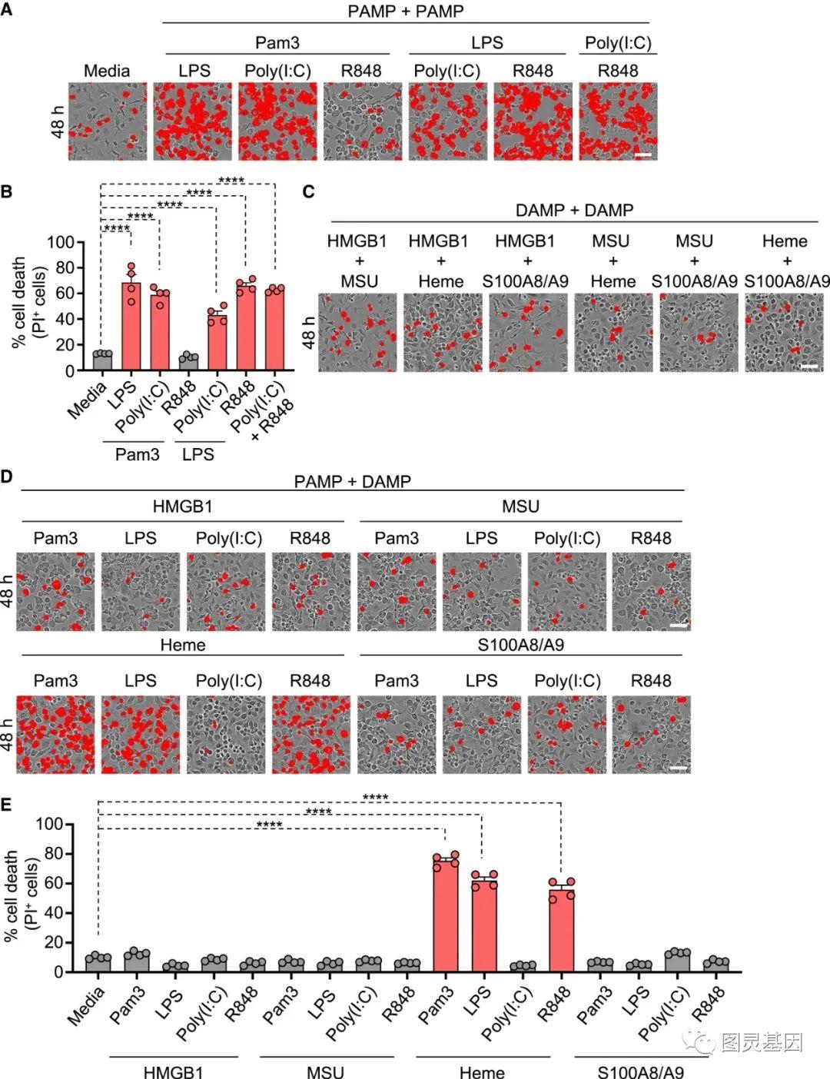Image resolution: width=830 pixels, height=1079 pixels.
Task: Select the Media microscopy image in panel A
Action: coord(107,121)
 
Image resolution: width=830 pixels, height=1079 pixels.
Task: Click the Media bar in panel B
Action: coord(102,362)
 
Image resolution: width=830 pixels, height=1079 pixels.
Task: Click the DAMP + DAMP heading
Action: coord(574,210)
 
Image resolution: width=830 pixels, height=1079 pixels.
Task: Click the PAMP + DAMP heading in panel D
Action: coord(352,482)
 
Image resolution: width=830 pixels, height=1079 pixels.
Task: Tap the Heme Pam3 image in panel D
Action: coord(55,735)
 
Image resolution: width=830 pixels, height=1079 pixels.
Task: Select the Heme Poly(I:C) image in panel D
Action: coord(226,735)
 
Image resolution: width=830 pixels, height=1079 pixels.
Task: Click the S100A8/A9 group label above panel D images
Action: coord(520,645)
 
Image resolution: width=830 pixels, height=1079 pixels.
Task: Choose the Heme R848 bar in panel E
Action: coord(562,931)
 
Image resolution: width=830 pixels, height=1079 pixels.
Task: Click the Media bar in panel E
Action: coord(98,964)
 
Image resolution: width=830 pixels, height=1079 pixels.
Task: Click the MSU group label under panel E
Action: coord(325,1071)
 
